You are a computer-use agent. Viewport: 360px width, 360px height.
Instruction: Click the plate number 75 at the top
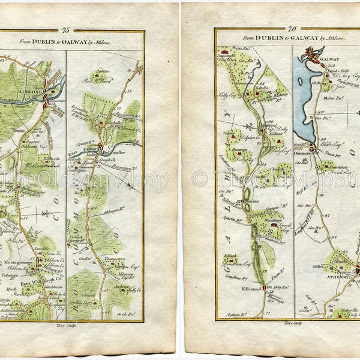(x=65, y=29)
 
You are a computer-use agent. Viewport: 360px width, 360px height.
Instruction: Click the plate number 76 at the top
(x=292, y=28)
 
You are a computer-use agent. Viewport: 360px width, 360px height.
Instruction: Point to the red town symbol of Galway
(x=313, y=56)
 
